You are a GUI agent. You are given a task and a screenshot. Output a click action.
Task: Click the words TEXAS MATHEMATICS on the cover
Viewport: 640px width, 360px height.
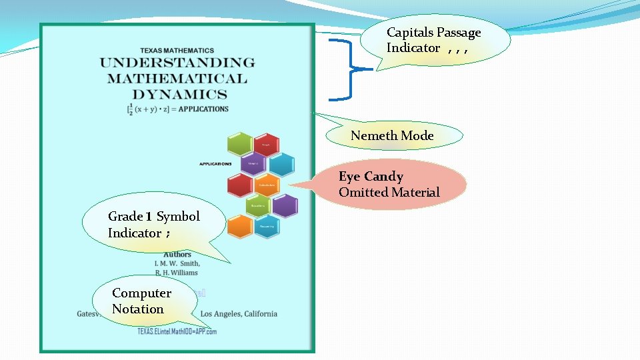pyautogui.click(x=177, y=50)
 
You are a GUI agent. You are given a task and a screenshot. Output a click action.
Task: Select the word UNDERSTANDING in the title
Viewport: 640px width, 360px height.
pyautogui.click(x=177, y=63)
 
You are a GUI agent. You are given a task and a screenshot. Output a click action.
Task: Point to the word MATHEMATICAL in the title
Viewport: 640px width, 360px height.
pyautogui.click(x=177, y=79)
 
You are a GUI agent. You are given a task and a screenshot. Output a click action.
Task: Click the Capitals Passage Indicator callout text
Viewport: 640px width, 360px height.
pyautogui.click(x=433, y=40)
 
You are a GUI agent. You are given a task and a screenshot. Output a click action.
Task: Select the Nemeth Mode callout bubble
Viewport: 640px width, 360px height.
pyautogui.click(x=393, y=136)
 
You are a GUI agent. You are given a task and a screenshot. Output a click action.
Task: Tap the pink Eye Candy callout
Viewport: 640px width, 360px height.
pyautogui.click(x=390, y=185)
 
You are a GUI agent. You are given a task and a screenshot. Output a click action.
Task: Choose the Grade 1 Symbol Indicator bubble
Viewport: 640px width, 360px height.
pyautogui.click(x=153, y=225)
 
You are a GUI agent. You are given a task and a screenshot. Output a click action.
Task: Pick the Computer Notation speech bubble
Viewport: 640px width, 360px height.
pyautogui.click(x=141, y=301)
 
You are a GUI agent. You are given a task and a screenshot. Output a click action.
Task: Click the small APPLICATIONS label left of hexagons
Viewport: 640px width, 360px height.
pyautogui.click(x=215, y=163)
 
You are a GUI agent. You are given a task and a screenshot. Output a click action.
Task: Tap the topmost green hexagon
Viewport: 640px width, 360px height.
pyautogui.click(x=239, y=143)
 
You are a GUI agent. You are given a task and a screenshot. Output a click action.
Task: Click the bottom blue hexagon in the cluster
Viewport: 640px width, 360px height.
pyautogui.click(x=266, y=227)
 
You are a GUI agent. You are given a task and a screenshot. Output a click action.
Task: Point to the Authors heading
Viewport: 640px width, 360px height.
pyautogui.click(x=177, y=254)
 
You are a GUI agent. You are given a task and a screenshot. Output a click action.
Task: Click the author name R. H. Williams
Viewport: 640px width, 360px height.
pyautogui.click(x=176, y=272)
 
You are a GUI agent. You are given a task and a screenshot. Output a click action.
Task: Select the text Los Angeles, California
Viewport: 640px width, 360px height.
pyautogui.click(x=239, y=314)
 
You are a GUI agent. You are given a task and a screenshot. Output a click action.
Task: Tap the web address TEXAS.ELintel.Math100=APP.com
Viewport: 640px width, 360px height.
pyautogui.click(x=177, y=331)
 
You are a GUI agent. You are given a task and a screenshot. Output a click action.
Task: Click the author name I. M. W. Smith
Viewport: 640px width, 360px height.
pyautogui.click(x=177, y=263)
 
